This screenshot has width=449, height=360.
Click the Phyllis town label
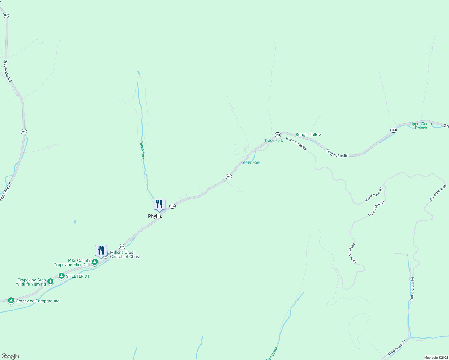[x=155, y=216]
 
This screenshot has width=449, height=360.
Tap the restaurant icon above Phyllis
[x=159, y=205]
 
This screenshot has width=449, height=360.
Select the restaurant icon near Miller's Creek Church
[x=101, y=251]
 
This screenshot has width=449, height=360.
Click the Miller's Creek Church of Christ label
[x=125, y=254]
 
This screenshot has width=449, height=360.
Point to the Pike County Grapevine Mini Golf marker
[x=95, y=262]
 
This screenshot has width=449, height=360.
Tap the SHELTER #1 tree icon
[x=62, y=275]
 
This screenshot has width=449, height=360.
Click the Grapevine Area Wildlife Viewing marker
[x=50, y=281]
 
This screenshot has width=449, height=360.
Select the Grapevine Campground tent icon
[x=11, y=300]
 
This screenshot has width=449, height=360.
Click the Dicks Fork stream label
[x=143, y=150]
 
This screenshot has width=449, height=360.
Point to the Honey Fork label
[x=250, y=162]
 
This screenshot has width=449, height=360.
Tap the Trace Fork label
[x=273, y=140]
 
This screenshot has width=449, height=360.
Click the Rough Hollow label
[x=309, y=134]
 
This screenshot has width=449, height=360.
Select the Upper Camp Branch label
[x=421, y=126]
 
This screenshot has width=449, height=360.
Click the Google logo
[x=10, y=356]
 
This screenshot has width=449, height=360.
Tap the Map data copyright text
[x=436, y=358]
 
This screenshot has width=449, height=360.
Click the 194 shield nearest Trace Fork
[x=278, y=135]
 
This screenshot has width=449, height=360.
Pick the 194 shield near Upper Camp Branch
[x=393, y=130]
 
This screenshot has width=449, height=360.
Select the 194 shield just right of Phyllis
[x=172, y=206]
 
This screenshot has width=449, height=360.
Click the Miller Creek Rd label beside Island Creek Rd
[x=376, y=209]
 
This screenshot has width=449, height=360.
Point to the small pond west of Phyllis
[x=75, y=222]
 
